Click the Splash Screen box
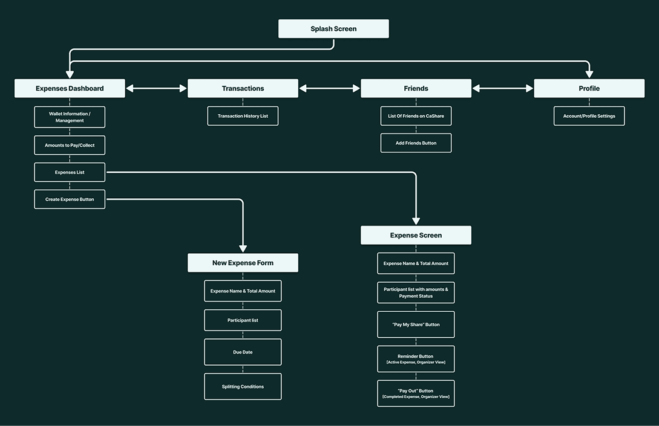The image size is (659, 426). [x=333, y=29]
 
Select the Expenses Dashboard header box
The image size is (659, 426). [x=70, y=88]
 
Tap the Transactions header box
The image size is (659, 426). [x=243, y=88]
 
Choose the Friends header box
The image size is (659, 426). [x=416, y=88]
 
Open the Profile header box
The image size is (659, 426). [x=589, y=88]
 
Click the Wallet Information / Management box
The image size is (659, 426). [x=70, y=117]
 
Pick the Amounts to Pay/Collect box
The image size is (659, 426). [x=70, y=146]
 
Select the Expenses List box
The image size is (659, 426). [x=70, y=172]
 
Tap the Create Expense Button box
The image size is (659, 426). [x=70, y=199]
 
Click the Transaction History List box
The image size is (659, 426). [x=243, y=116]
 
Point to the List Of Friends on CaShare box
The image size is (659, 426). [x=416, y=116]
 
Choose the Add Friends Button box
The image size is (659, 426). [x=416, y=143]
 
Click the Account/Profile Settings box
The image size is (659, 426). [x=589, y=116]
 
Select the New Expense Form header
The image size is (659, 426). [x=243, y=263]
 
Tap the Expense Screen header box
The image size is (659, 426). [x=416, y=236]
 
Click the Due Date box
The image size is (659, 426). [x=243, y=352]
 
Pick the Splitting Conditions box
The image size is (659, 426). [x=243, y=387]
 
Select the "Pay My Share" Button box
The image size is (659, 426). [x=416, y=324]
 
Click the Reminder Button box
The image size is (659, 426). [x=416, y=359]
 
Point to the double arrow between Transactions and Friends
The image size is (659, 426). [x=329, y=88]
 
